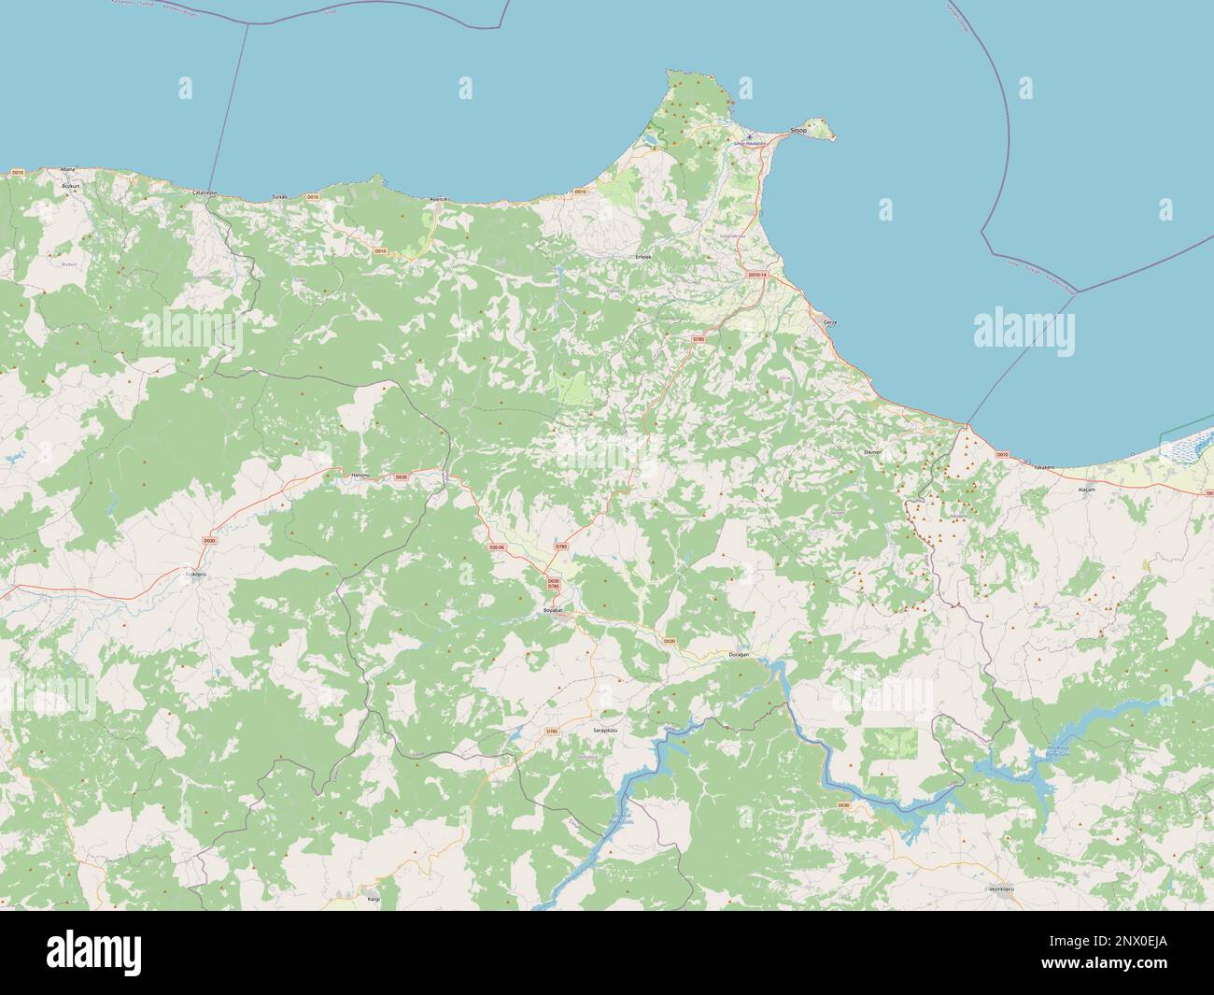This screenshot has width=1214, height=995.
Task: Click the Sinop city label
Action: pos(798,132)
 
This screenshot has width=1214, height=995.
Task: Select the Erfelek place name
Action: pos(642,255)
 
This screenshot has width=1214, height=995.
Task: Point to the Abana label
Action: pos(67,169)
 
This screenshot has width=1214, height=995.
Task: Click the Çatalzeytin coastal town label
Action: pos(205,192)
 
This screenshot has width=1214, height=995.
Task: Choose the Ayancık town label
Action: pos(438,199)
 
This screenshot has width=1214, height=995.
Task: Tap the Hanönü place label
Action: pos(360,476)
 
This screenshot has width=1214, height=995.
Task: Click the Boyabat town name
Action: pos(556,609)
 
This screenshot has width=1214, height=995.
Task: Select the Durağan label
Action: pos(739,656)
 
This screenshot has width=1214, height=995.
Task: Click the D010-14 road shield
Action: pos(756,275)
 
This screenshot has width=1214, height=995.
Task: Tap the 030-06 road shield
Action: pos(496,547)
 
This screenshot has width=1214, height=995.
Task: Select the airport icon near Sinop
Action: pos(749,136)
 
